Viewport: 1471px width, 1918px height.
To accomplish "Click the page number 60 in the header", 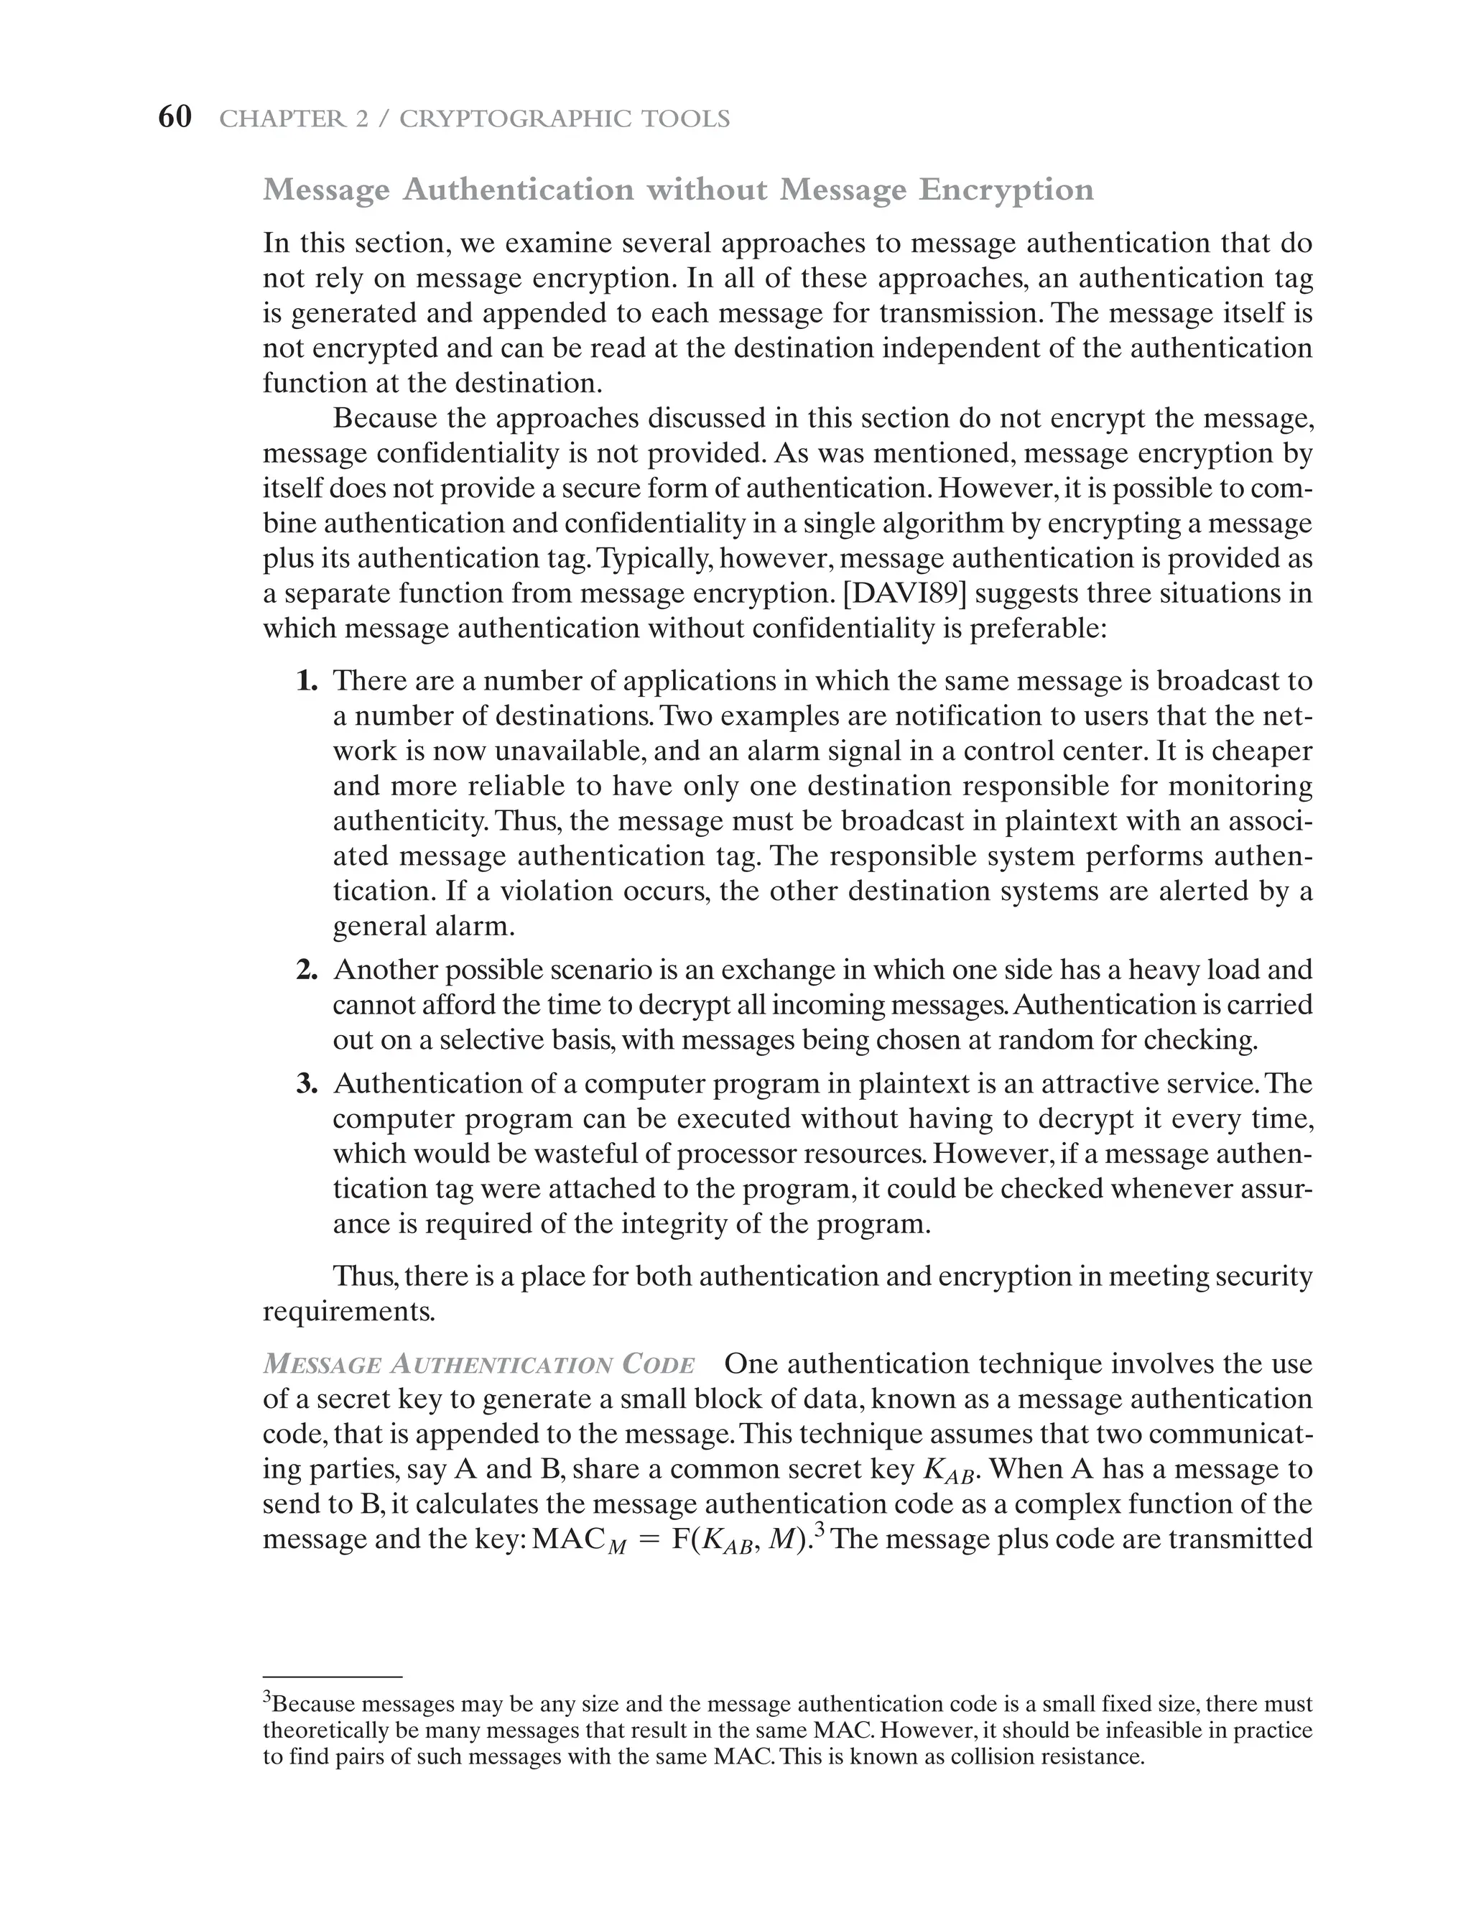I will (175, 116).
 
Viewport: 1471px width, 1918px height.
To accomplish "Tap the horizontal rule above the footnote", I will (332, 1677).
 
